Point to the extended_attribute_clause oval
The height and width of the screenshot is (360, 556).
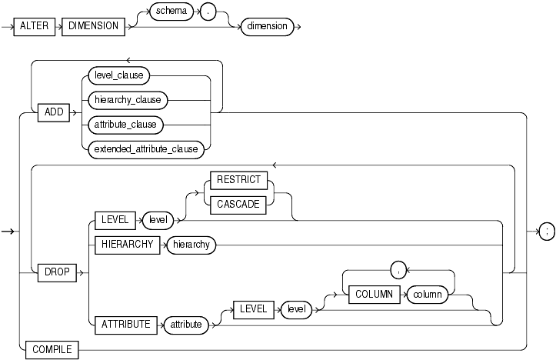[146, 148]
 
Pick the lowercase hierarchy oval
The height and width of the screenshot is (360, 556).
[190, 245]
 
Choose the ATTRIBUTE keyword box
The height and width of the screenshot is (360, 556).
[126, 325]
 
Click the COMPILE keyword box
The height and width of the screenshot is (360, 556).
[52, 349]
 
